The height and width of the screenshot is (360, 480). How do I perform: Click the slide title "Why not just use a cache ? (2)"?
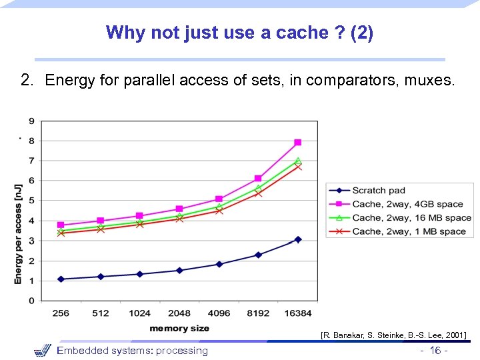point(239,32)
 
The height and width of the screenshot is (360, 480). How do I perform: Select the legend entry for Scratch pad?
point(379,191)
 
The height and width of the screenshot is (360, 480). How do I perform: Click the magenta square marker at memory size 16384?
point(298,143)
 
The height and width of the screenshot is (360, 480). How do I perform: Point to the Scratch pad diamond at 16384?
point(298,239)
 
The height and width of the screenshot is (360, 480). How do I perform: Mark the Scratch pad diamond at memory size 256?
point(61,279)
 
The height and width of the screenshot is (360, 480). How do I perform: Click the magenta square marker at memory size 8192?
point(258,179)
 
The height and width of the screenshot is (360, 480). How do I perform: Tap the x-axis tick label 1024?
point(139,313)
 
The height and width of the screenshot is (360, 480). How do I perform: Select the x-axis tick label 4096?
point(219,313)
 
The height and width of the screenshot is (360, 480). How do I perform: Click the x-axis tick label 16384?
point(298,313)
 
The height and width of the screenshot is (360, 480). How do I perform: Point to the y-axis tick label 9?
point(31,121)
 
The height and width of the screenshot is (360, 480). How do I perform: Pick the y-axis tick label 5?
point(31,201)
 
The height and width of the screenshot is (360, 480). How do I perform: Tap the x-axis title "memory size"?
point(179,328)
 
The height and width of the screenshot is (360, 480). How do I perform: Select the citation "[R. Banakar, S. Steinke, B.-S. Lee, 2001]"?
point(393,335)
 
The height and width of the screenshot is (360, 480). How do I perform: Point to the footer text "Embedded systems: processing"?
point(132,351)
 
